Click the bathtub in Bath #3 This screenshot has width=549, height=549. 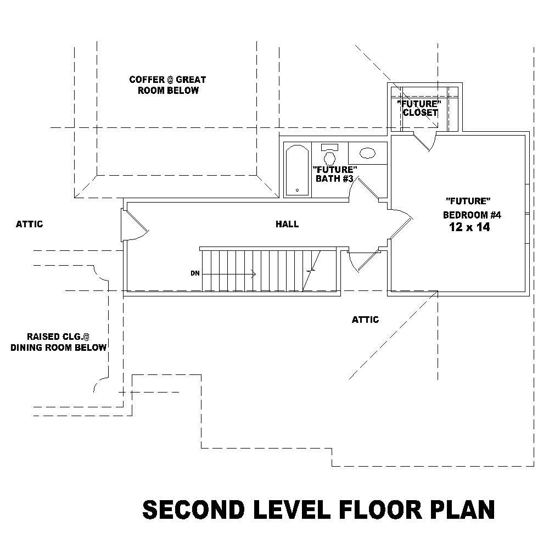pos(297,170)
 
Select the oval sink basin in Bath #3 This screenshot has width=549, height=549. pos(367,153)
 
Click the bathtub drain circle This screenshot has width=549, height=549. pos(297,191)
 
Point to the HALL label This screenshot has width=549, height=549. pos(287,224)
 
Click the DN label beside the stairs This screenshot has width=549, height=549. pos(195,273)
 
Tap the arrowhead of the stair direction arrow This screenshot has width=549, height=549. pos(254,273)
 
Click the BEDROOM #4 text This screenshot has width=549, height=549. pos(472,215)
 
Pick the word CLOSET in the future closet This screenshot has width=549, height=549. pos(420,113)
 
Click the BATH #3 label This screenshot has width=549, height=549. pos(334,178)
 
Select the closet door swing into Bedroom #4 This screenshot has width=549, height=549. pos(425,142)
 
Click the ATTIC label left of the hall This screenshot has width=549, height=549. pos(29,224)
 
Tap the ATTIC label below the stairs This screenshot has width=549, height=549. pos(365,320)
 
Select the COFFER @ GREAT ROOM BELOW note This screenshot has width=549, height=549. pos(167,85)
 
